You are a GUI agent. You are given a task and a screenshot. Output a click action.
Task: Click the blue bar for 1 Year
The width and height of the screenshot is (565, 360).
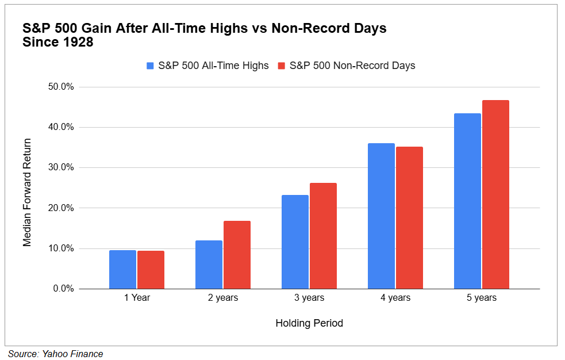point(122,269)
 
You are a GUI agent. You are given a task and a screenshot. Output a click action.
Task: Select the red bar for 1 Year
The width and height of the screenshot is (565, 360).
point(151,270)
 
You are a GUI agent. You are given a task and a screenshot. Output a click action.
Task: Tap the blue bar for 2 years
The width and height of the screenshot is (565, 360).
point(209,265)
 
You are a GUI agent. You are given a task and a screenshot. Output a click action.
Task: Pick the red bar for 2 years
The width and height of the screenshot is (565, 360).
point(237,255)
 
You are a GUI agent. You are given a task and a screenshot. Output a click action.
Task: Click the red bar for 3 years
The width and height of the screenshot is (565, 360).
point(323,236)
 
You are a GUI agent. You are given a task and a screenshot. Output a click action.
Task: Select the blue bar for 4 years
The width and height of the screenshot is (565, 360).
point(381,216)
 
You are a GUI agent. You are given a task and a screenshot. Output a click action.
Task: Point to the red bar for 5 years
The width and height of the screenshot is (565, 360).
point(495,194)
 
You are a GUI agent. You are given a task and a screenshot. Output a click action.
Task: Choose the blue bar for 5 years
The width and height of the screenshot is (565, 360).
point(467,201)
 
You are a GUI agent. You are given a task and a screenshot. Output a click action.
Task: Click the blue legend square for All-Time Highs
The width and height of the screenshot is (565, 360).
point(151,66)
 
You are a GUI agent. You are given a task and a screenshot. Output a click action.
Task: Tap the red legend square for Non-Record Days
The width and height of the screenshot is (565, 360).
point(282,66)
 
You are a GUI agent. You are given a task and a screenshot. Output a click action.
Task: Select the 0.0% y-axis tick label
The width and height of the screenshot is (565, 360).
point(63,289)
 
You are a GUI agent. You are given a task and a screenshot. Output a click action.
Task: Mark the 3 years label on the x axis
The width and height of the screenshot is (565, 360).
point(309,298)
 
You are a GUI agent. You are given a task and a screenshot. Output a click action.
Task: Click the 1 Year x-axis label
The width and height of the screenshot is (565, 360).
point(137,298)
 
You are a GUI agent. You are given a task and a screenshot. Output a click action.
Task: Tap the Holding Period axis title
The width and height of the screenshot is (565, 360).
point(309,323)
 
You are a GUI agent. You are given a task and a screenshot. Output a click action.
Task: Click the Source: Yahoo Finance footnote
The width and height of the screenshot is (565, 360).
point(55,354)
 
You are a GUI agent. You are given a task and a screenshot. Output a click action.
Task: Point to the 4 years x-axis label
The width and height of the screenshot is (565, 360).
point(395,298)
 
